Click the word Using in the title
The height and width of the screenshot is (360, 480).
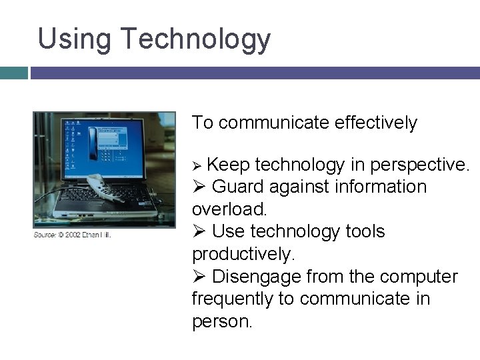pos(73,39)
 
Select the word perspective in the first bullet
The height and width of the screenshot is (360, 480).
pos(419,164)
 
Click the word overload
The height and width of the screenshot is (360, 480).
pos(229,209)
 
